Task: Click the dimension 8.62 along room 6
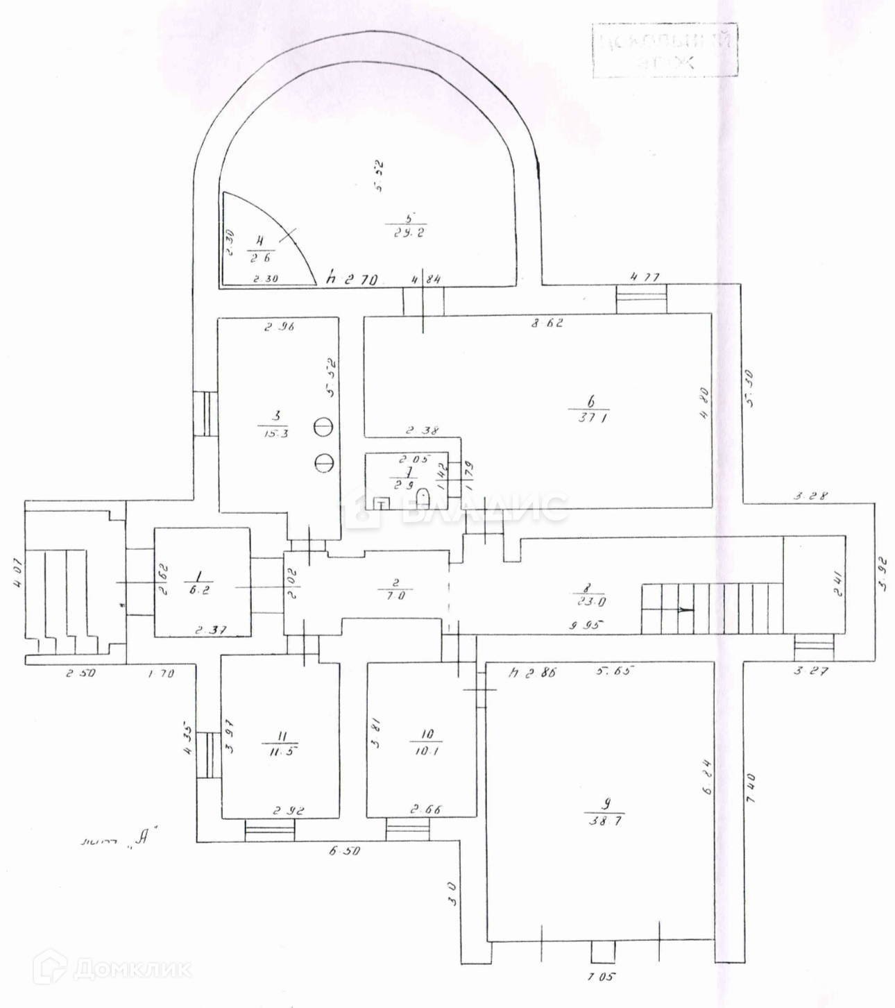[546, 323]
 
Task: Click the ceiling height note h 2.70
[354, 280]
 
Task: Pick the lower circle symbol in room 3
[323, 461]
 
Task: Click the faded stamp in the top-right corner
[665, 50]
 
